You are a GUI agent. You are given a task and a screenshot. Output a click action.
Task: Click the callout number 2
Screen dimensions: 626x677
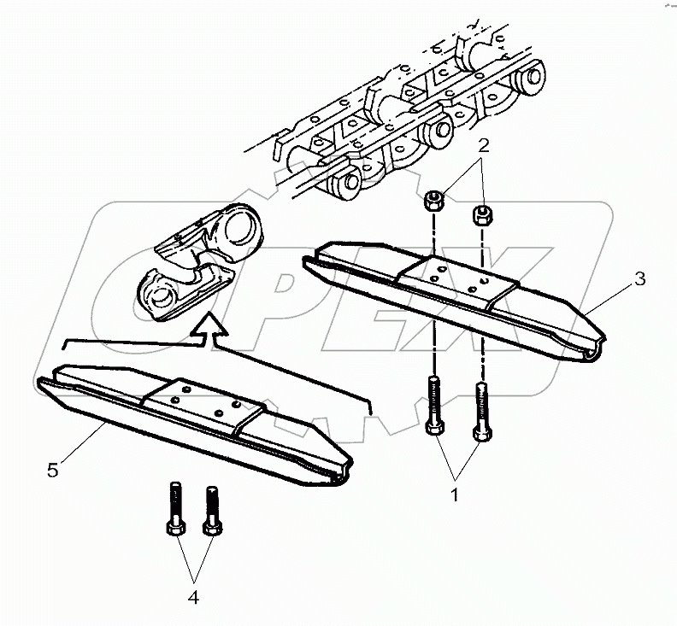pos(484,146)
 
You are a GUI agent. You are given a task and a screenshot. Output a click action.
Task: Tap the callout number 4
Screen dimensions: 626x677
pos(193,599)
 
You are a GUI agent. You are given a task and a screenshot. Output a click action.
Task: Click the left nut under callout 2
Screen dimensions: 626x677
pos(433,202)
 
